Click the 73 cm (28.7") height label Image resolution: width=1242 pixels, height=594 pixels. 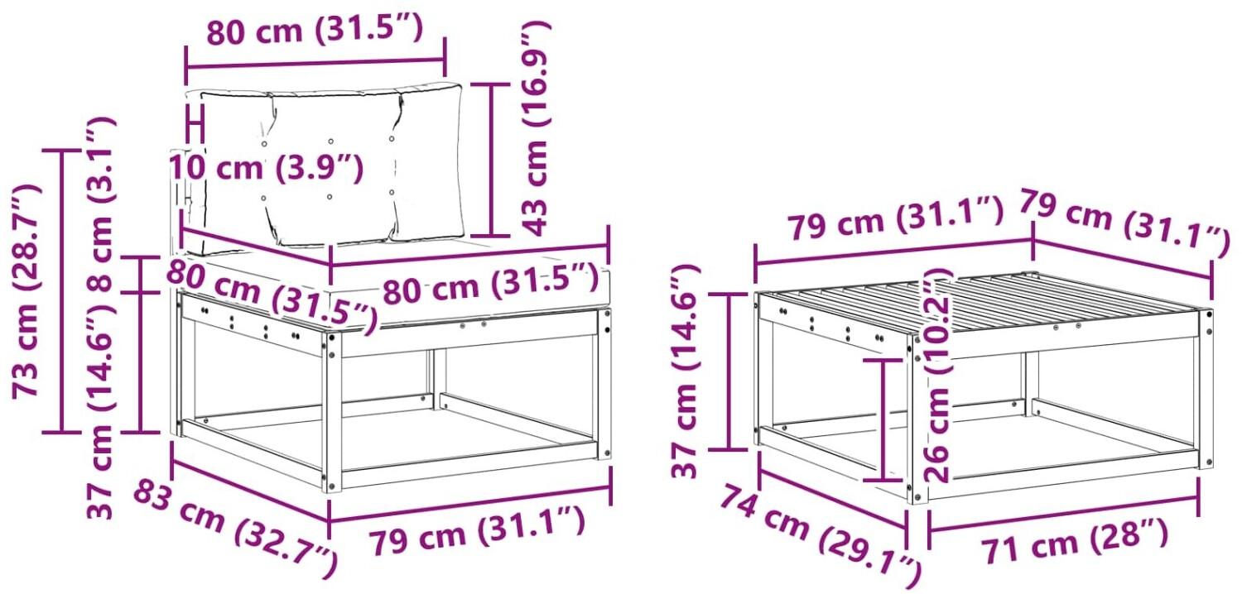(x=26, y=291)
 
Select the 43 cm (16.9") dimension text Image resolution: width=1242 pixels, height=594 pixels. (x=535, y=128)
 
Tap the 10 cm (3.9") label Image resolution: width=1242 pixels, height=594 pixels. (x=266, y=167)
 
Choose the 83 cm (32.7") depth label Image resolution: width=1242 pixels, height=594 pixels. (x=235, y=530)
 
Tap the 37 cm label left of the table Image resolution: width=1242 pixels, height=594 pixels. (x=686, y=371)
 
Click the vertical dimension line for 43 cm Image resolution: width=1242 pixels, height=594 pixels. (x=491, y=160)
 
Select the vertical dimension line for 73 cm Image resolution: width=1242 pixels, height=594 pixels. (x=62, y=290)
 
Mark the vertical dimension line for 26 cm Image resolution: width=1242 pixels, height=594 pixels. (x=883, y=420)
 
